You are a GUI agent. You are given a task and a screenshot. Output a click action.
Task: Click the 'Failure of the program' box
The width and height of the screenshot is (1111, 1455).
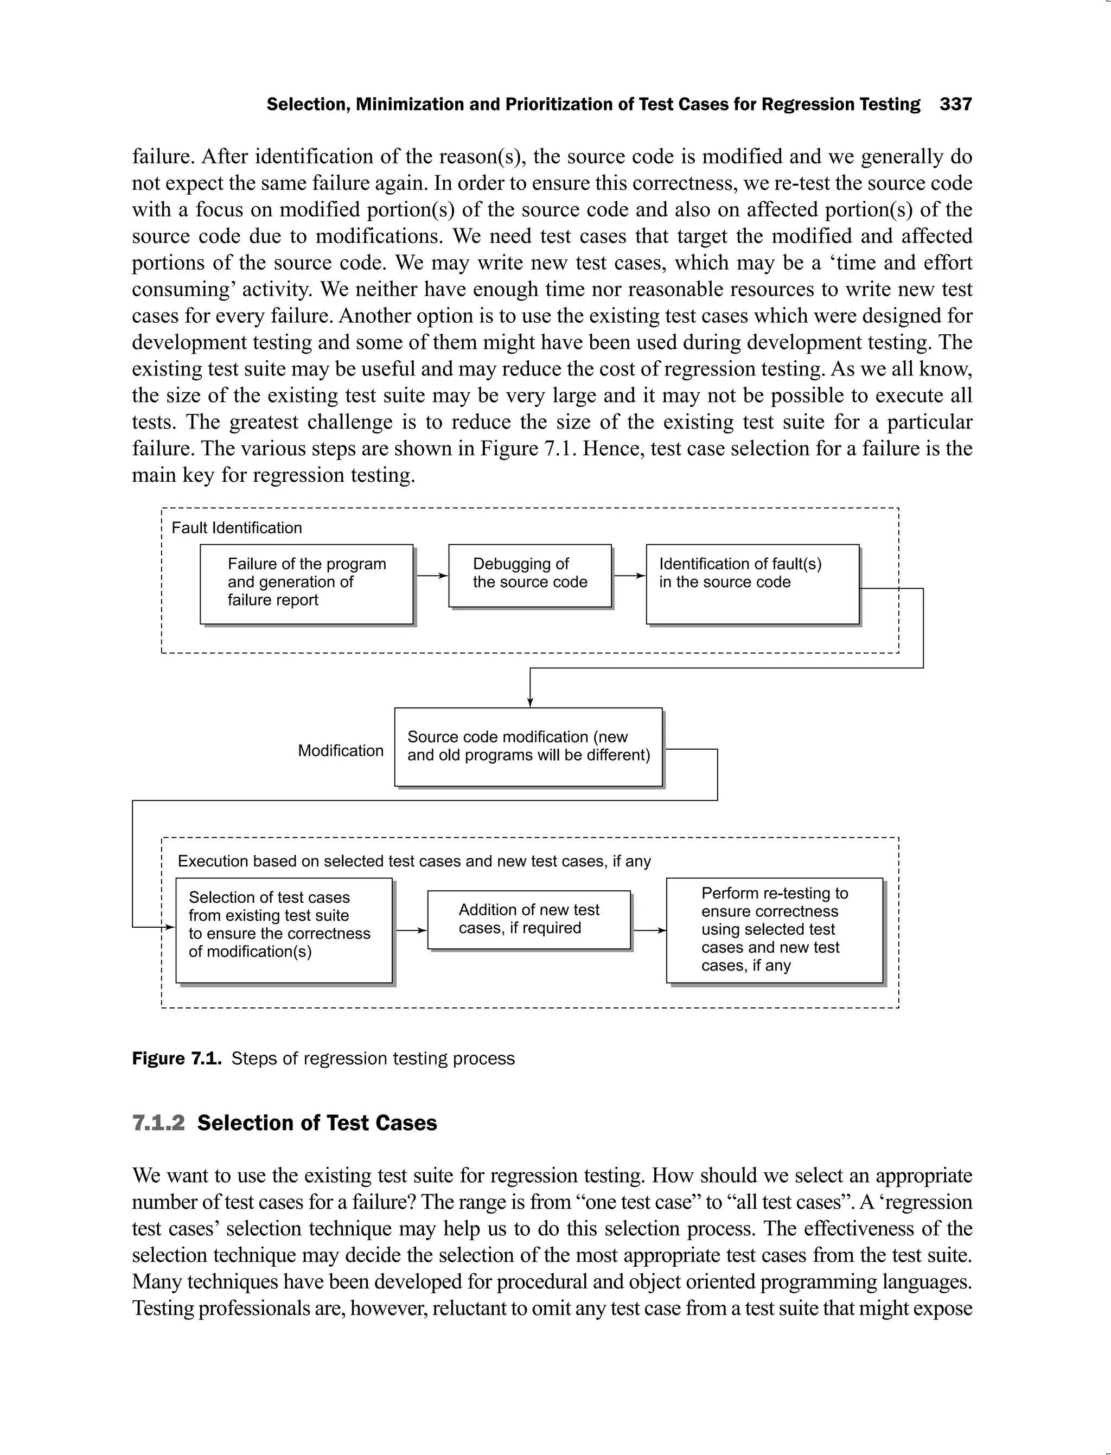(306, 583)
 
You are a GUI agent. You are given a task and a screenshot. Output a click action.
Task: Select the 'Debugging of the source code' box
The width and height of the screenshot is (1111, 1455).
(529, 575)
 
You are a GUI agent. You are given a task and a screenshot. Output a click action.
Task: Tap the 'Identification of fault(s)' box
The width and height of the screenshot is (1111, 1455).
(752, 583)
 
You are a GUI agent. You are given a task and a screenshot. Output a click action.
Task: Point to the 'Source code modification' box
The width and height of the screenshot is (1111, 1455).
(528, 746)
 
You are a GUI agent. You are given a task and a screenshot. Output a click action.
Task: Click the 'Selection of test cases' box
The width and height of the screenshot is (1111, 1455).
(284, 930)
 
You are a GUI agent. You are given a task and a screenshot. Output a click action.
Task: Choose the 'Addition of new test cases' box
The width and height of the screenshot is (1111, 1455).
(528, 920)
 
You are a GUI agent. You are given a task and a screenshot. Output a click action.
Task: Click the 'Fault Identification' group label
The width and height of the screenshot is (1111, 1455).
(236, 528)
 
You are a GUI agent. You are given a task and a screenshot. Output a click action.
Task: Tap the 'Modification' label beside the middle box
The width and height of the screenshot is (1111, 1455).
(340, 751)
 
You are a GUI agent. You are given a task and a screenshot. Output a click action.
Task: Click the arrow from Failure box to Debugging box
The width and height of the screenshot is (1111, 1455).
(431, 576)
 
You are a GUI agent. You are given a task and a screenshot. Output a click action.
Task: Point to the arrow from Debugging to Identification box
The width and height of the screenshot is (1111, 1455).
(629, 576)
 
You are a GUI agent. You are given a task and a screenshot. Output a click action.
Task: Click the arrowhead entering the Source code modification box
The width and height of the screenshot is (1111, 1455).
(529, 703)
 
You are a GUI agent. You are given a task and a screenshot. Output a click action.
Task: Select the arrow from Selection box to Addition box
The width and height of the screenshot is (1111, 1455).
(411, 930)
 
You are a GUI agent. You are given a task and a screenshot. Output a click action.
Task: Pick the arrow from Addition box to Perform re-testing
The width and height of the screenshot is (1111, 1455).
(649, 930)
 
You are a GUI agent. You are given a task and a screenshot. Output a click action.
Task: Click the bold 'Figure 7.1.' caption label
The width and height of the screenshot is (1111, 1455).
(176, 1059)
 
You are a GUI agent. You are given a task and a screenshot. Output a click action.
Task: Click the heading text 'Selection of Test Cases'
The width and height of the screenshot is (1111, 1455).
(317, 1123)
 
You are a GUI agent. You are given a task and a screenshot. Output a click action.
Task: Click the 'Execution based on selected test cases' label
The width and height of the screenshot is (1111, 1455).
(414, 861)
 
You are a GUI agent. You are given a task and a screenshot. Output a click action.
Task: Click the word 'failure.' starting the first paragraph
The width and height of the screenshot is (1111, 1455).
(163, 157)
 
